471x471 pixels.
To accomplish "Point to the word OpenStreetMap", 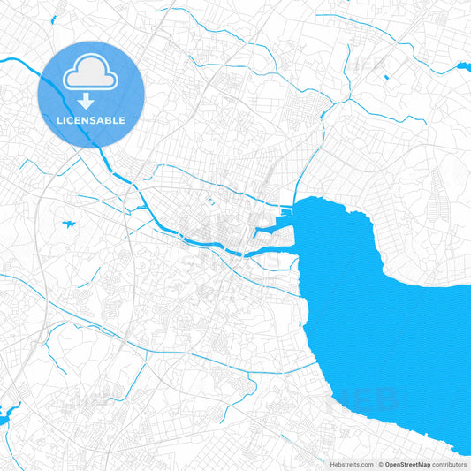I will tap(410, 464).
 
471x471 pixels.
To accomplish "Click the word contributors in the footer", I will tap(450, 464).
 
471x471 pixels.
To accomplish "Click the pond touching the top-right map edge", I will tap(463, 66).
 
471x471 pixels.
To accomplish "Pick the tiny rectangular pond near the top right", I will tap(386, 78).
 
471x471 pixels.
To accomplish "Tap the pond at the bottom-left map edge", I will tap(7, 413).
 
